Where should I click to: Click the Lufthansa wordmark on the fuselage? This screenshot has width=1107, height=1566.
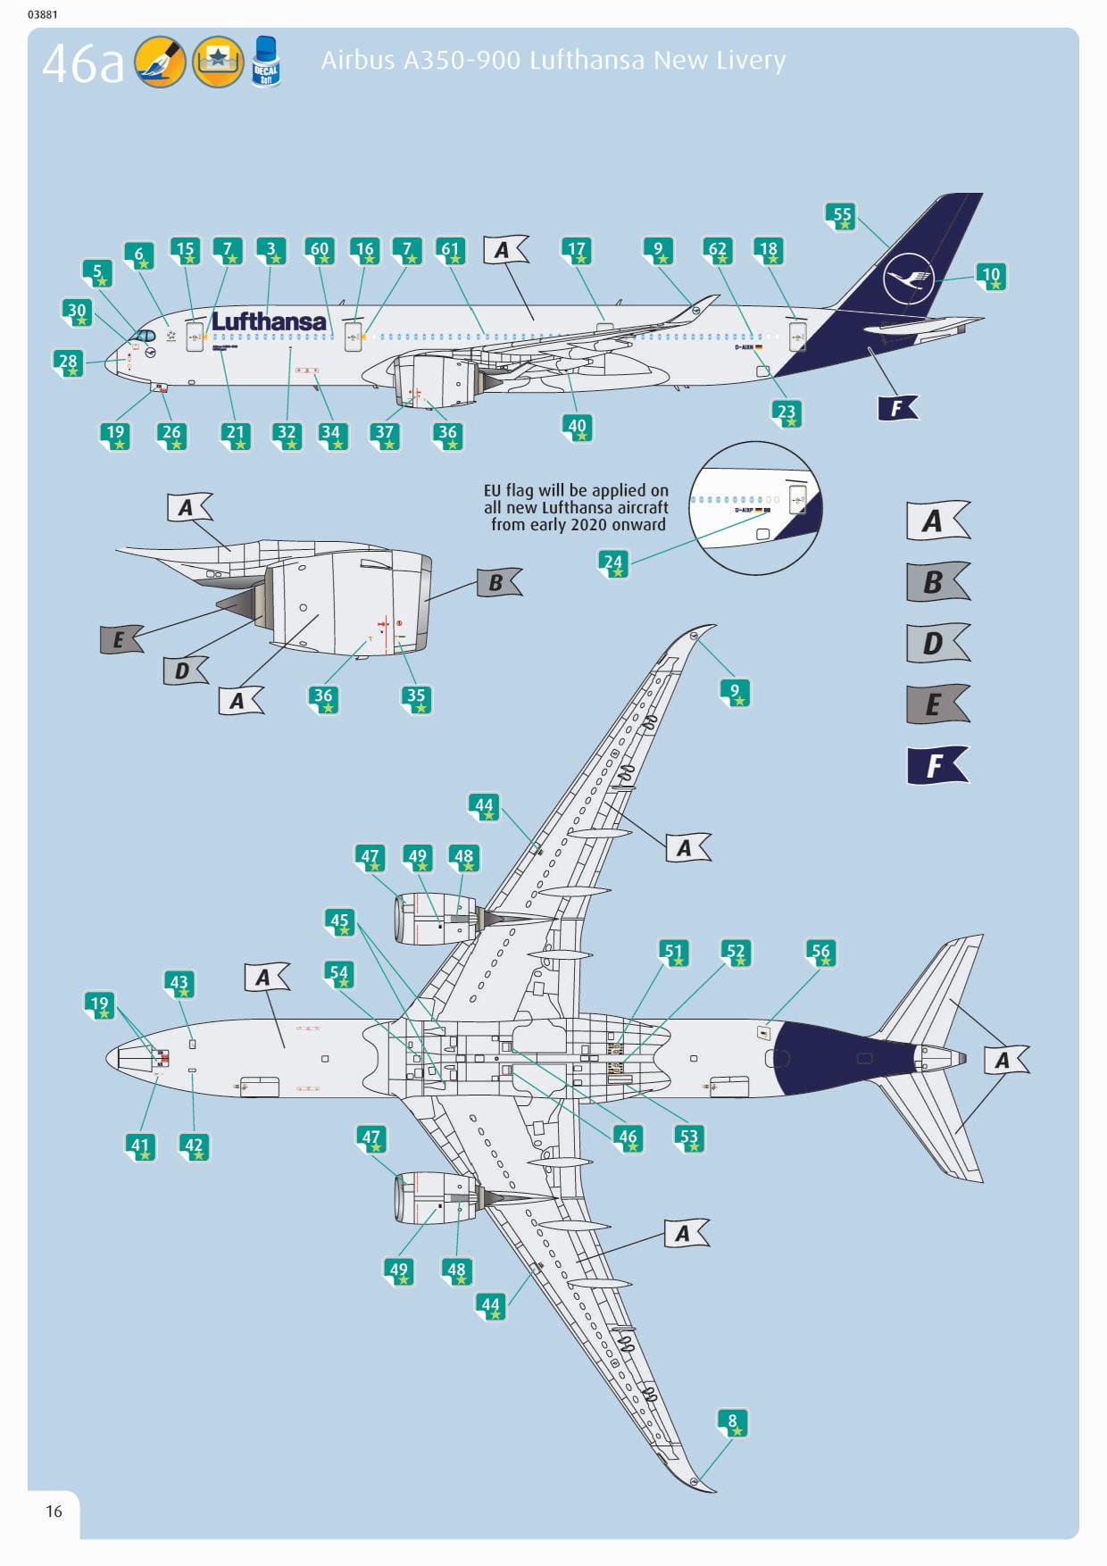pos(269,321)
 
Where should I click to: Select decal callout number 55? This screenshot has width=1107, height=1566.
pos(842,215)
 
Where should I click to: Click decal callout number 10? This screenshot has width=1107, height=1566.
pos(991,276)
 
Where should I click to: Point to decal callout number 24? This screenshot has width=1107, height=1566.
pos(612,563)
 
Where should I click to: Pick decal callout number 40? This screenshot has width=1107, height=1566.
pos(578,427)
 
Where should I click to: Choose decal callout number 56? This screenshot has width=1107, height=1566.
pos(820,953)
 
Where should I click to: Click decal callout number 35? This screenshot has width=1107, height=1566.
pos(416,697)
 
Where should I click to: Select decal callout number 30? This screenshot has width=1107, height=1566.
pos(78,312)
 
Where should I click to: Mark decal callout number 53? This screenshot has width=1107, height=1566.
pos(689,1137)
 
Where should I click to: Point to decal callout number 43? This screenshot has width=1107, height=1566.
pos(179,983)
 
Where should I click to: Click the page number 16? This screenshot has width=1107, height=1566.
pos(54,1511)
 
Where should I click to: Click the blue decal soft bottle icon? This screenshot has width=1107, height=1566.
pos(266,62)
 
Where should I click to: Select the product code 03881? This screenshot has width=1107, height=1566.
pos(43,14)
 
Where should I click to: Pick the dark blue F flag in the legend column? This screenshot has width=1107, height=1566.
pos(936,765)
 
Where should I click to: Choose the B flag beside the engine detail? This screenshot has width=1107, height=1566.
pos(497,583)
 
